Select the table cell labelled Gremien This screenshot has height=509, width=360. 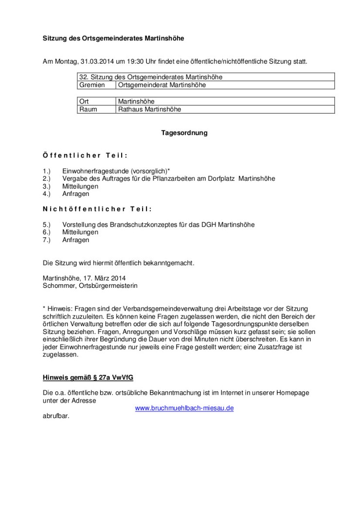point(92,85)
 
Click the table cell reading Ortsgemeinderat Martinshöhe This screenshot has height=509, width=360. point(162,85)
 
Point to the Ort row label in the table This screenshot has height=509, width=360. point(84,102)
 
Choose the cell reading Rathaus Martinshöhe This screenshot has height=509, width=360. point(149,109)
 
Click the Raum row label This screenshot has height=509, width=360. point(88,109)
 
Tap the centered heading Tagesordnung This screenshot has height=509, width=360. point(184,133)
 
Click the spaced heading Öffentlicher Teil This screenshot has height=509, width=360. point(85,156)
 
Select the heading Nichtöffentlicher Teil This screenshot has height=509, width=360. point(97,209)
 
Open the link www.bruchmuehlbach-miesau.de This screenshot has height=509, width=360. point(184,408)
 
